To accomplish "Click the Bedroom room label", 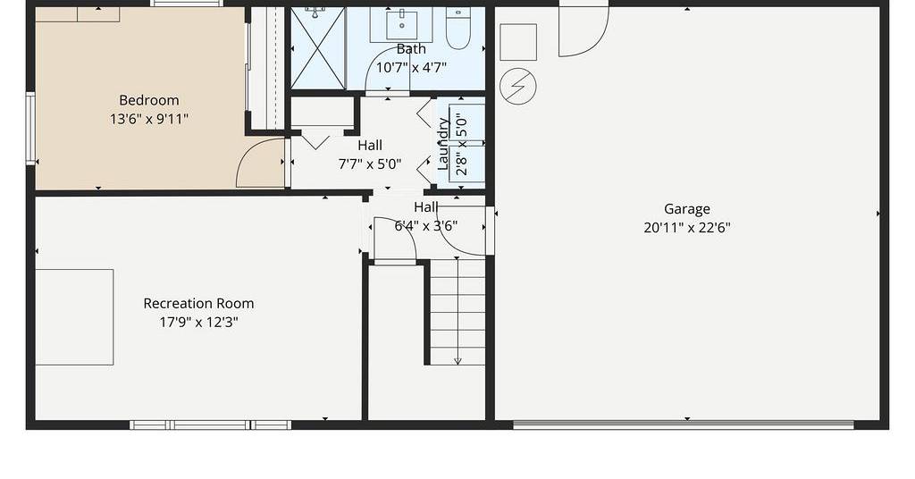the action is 149,100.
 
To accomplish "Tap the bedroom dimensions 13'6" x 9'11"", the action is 149,119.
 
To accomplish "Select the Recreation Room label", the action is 198,303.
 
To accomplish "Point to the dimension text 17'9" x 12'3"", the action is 198,322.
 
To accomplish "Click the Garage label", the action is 687,209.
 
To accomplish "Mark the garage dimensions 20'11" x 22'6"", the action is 687,228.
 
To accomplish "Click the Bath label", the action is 411,49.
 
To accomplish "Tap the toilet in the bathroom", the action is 458,28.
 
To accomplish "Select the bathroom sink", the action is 402,24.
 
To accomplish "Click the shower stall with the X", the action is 318,48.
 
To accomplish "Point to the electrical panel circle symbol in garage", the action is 518,87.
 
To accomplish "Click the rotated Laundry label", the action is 443,144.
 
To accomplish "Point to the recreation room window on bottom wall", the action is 210,424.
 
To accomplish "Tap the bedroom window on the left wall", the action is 30,129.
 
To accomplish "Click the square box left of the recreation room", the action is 74,317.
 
